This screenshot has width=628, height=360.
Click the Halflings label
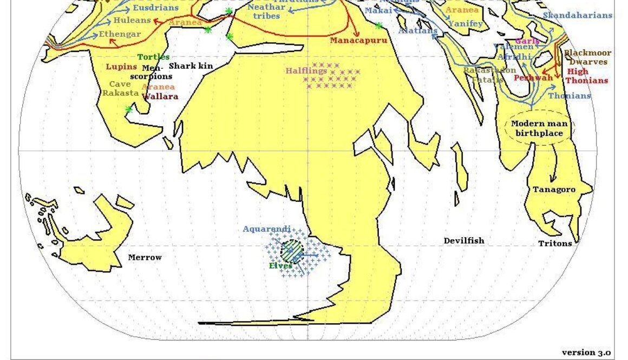(306, 71)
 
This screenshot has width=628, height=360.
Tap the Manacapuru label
(358, 41)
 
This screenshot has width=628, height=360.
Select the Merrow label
(145, 257)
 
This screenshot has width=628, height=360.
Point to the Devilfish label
(464, 240)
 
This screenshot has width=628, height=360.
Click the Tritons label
(555, 244)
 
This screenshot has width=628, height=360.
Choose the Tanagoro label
(554, 189)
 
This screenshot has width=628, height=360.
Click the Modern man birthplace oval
(539, 128)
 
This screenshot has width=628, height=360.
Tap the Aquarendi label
(266, 229)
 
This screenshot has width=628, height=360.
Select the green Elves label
(280, 266)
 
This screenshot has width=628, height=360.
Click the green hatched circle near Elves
(292, 251)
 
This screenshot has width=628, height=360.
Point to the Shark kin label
(191, 66)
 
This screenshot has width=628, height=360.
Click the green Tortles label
(153, 57)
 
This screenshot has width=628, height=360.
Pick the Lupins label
(121, 67)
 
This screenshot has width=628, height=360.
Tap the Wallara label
(160, 97)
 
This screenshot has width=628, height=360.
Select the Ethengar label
(120, 34)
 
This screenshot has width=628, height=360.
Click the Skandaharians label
(577, 15)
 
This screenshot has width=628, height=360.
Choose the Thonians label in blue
(570, 96)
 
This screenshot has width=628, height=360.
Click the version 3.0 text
(586, 352)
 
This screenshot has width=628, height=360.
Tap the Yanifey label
(466, 23)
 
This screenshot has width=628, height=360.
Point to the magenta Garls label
(527, 41)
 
